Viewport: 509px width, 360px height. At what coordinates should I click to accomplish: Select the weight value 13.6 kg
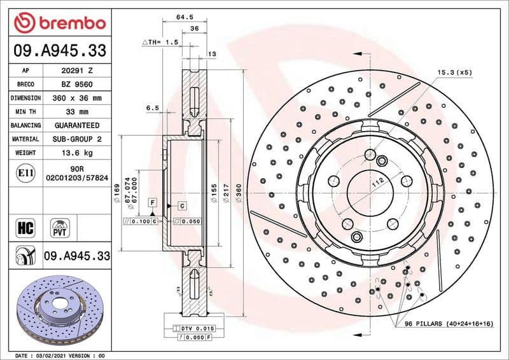[77, 153]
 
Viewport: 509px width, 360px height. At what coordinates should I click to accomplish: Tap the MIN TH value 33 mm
[77, 112]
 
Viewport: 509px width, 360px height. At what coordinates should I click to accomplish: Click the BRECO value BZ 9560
[77, 84]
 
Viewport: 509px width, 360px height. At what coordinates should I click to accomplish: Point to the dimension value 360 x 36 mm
[77, 98]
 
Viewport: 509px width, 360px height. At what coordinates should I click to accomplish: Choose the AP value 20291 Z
[77, 71]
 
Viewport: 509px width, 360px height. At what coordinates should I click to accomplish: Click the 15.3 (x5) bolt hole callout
[454, 73]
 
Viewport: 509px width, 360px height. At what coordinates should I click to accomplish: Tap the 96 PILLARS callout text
[449, 324]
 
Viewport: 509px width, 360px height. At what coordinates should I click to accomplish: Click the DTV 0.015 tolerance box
[195, 328]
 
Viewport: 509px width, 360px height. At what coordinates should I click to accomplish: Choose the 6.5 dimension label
[152, 108]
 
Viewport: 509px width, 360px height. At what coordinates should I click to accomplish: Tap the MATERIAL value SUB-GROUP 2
[77, 139]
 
